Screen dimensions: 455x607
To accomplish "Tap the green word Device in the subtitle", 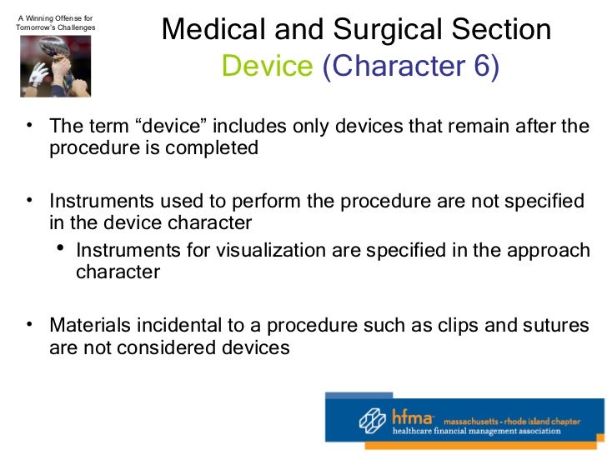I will [267, 67].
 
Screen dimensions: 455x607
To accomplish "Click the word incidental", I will [177, 325].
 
